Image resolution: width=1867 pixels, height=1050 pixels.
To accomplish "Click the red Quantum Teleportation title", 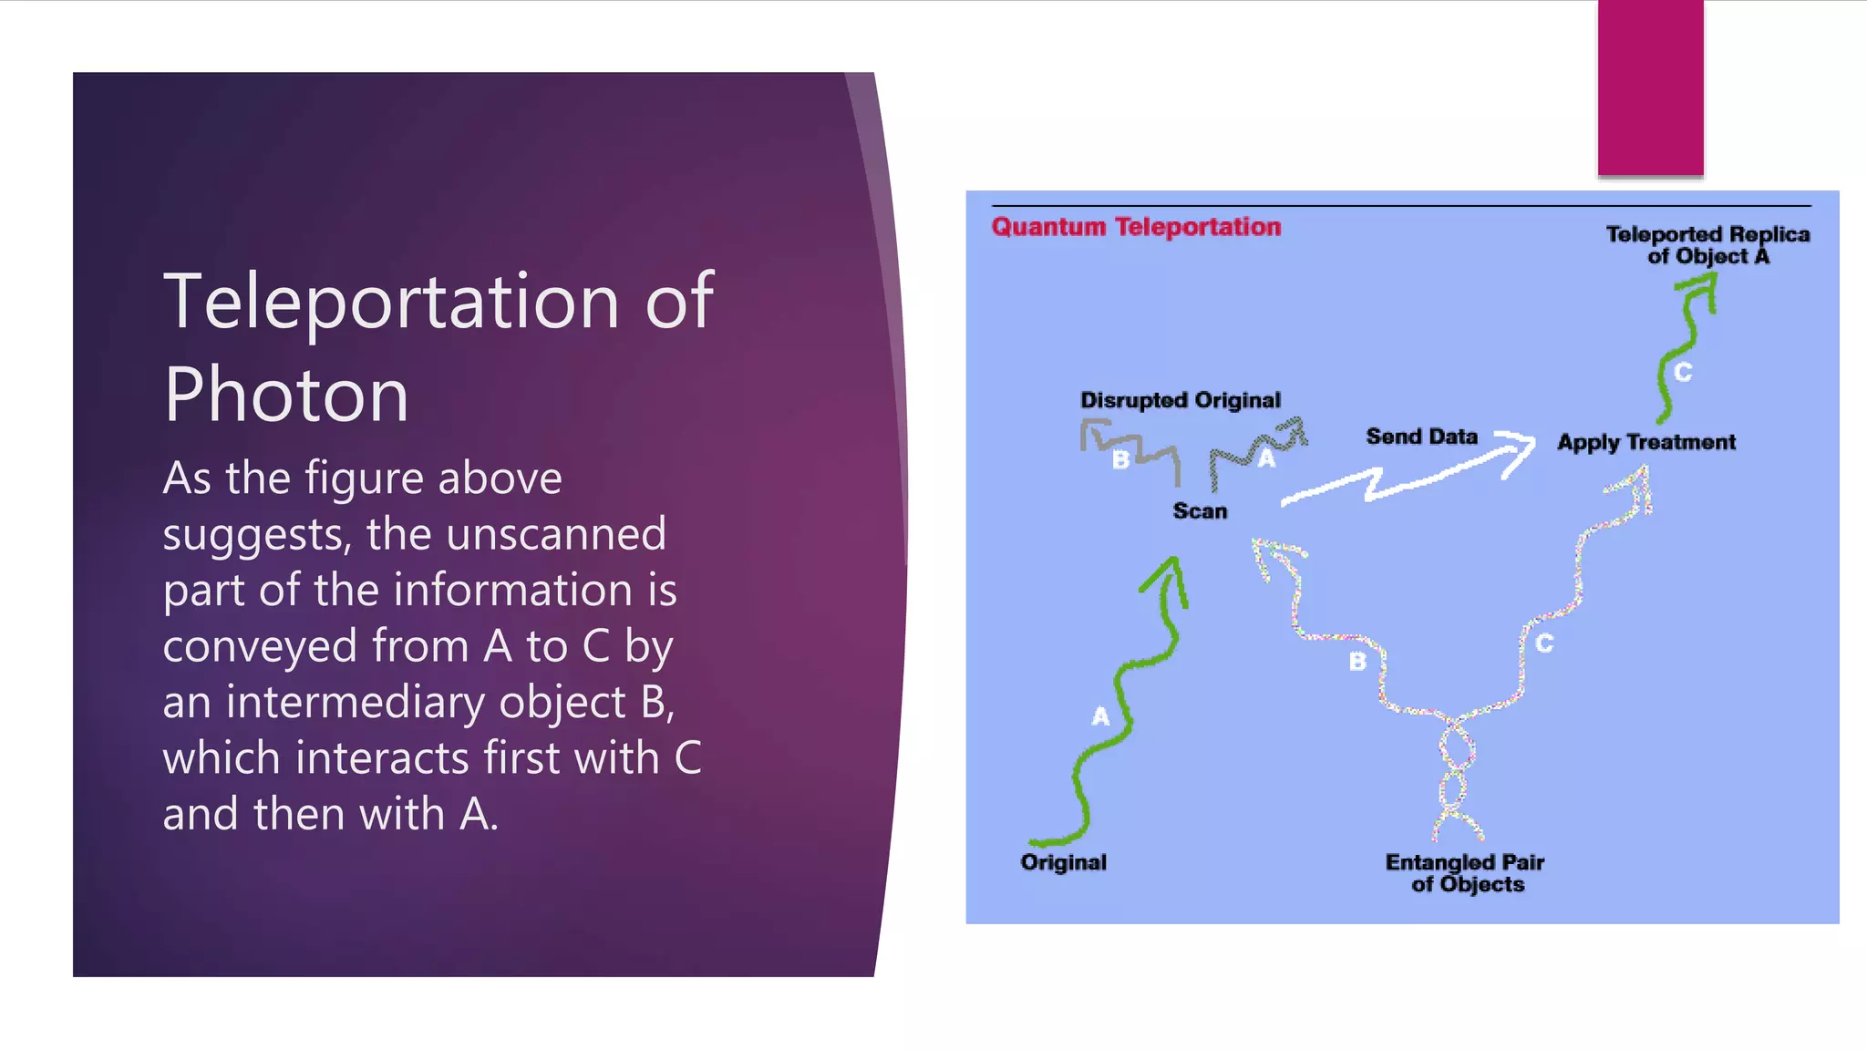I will point(1136,227).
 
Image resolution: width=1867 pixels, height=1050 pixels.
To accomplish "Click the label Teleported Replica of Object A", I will point(1707,245).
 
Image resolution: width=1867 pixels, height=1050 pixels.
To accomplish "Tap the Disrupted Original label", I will point(1180,400).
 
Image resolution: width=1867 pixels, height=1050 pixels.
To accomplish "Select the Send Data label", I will point(1421,437).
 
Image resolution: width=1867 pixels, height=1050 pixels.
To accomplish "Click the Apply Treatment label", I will point(1645,442).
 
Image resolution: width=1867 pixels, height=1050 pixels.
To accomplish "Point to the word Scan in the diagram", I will point(1200,511).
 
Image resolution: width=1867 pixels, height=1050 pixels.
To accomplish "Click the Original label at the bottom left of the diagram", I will point(1063,862).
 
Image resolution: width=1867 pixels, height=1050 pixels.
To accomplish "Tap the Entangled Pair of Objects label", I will point(1465,873).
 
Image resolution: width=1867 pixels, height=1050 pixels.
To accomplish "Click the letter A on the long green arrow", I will point(1100,716).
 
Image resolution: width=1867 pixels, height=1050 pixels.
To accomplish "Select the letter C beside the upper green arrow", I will point(1683,372).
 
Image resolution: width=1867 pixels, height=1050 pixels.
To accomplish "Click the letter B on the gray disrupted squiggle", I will point(1121,460).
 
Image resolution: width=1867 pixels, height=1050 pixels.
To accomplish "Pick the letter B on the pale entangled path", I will point(1357,662).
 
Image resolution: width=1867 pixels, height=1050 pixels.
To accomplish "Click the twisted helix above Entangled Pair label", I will point(1456,775).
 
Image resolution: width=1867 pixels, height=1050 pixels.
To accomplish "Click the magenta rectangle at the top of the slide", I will point(1650,87).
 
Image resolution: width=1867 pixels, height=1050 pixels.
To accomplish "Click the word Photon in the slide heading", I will point(286,395).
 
